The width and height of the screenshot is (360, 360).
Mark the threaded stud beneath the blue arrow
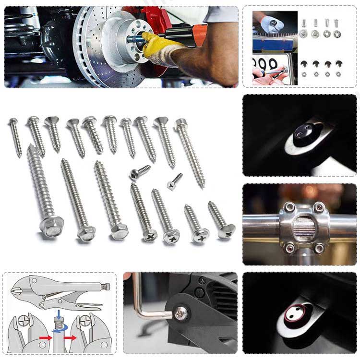click(x=57, y=326)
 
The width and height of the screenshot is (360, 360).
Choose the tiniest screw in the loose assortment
click(x=175, y=180)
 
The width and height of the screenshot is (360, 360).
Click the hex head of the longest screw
click(x=51, y=223)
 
